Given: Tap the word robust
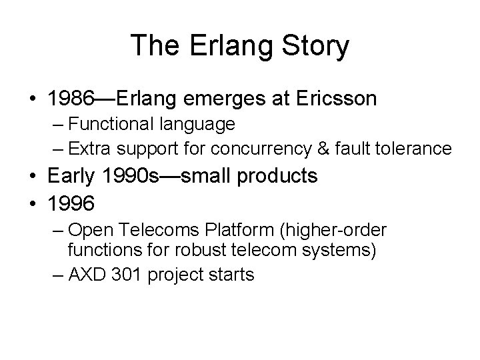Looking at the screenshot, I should [x=192, y=251].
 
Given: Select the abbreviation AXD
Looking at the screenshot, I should [x=85, y=274].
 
